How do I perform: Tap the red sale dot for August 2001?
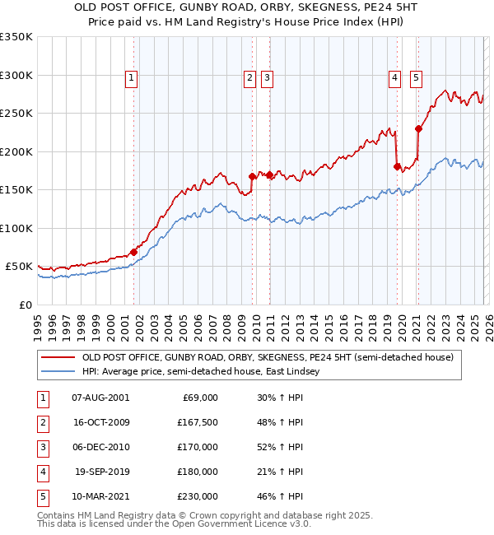(x=134, y=252)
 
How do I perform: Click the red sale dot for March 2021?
(x=419, y=128)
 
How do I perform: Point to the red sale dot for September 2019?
(x=397, y=166)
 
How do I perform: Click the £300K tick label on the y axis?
(x=16, y=75)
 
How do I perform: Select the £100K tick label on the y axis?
(x=16, y=228)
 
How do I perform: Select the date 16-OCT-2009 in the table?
(x=100, y=422)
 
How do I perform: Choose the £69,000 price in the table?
(x=198, y=398)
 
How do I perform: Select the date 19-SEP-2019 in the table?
(x=100, y=472)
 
